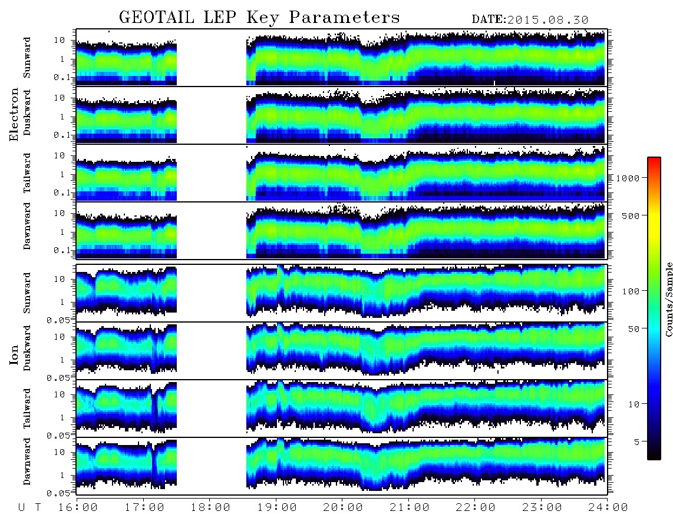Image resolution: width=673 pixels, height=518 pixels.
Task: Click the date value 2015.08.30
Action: pyautogui.click(x=547, y=20)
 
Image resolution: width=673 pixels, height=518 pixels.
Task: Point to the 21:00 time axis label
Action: pyautogui.click(x=409, y=507)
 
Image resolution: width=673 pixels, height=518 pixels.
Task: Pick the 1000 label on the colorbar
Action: pyautogui.click(x=628, y=178)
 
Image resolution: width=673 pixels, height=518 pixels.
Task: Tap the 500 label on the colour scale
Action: pyautogui.click(x=631, y=215)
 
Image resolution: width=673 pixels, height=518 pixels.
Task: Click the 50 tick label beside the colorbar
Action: pyautogui.click(x=634, y=329)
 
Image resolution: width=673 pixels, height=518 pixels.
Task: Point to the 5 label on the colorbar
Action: pyautogui.click(x=637, y=441)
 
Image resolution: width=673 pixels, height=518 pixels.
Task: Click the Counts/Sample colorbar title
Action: pyautogui.click(x=668, y=300)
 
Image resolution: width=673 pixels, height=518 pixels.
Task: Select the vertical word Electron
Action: pyautogui.click(x=14, y=114)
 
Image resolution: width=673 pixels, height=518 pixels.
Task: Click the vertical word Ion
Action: pyautogui.click(x=14, y=355)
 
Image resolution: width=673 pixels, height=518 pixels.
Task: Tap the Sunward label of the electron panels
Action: pyautogui.click(x=27, y=58)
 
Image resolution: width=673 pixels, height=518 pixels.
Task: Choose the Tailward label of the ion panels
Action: pyautogui.click(x=27, y=409)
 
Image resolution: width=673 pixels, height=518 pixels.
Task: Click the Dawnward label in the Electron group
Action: pyautogui.click(x=27, y=226)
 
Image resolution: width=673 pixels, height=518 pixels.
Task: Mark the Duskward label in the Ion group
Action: pyautogui.click(x=27, y=348)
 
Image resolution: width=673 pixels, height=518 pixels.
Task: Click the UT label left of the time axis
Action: pyautogui.click(x=29, y=507)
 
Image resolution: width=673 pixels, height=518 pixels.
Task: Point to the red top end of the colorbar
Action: pyautogui.click(x=654, y=159)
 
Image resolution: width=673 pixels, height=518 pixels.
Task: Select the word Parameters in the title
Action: pyautogui.click(x=344, y=18)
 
